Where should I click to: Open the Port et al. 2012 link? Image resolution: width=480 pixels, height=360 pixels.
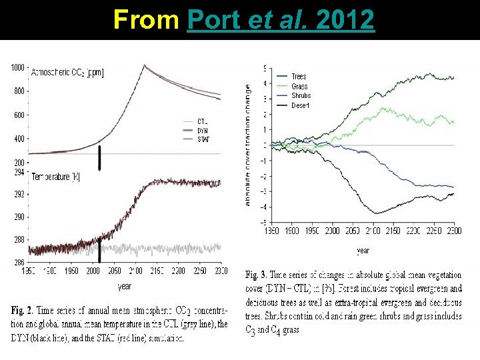tap(281, 20)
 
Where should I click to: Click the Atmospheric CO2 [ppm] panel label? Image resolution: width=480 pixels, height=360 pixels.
tap(67, 71)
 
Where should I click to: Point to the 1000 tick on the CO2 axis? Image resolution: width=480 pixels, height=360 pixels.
tap(17, 67)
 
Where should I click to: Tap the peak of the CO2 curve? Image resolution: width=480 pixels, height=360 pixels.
tap(145, 65)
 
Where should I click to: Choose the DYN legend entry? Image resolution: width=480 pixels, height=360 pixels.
tap(204, 131)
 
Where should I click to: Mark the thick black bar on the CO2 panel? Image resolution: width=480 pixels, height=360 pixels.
tap(99, 158)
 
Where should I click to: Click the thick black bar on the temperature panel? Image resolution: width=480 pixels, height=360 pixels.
tap(99, 251)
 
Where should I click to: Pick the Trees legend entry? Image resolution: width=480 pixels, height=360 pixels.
tap(299, 77)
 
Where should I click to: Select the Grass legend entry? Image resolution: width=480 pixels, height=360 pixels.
tap(299, 86)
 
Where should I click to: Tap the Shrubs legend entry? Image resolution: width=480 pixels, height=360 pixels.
tap(301, 95)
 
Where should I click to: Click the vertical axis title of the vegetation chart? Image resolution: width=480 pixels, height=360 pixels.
tap(248, 145)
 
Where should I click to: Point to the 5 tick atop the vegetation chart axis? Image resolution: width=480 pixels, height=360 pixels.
tap(265, 68)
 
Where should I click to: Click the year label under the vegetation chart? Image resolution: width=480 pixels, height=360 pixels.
tap(363, 251)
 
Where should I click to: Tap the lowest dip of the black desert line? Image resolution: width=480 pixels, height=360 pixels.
tap(378, 213)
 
